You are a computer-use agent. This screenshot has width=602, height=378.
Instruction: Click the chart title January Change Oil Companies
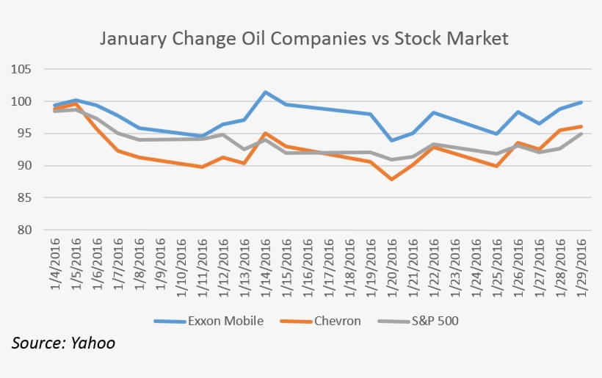point(303,38)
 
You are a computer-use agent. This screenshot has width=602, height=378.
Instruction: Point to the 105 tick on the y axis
point(21,70)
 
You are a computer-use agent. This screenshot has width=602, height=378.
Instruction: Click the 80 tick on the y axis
point(23,230)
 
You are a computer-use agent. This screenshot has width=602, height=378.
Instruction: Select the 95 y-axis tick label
point(23,134)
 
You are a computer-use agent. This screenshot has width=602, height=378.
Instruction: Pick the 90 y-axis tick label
point(23,166)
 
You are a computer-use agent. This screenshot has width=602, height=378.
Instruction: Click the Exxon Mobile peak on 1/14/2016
point(265,92)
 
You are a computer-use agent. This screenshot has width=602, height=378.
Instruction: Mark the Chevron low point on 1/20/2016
point(392,179)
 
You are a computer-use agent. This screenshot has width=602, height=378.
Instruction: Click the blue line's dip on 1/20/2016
point(392,140)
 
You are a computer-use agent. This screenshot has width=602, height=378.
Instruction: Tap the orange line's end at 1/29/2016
point(582,126)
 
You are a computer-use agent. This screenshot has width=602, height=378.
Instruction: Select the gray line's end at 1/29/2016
point(582,134)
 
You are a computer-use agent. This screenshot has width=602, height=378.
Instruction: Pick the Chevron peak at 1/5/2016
point(76,104)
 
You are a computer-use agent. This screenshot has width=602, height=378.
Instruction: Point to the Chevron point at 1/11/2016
point(202,167)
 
